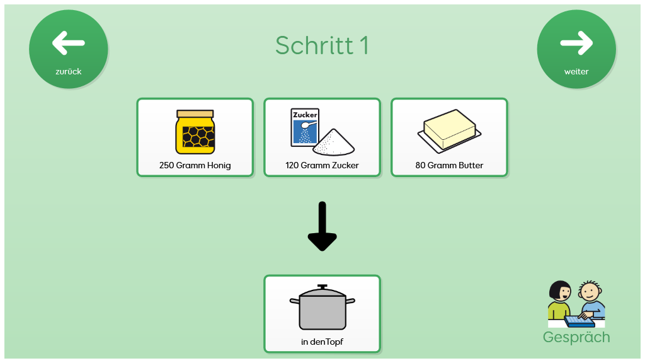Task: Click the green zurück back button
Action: (x=68, y=49)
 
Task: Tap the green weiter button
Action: (x=576, y=49)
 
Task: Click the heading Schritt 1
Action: (x=322, y=45)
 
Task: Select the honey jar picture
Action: (x=195, y=132)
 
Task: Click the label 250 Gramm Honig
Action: (x=195, y=166)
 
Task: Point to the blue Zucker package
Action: (x=305, y=127)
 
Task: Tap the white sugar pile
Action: (x=334, y=142)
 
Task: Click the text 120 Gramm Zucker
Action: (x=322, y=166)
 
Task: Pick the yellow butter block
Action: (x=450, y=129)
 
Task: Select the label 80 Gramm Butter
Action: (x=449, y=166)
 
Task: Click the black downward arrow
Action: (x=322, y=226)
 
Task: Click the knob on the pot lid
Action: (x=322, y=287)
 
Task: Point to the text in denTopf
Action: (x=322, y=342)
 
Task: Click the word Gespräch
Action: (x=576, y=337)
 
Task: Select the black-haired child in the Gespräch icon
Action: (x=559, y=299)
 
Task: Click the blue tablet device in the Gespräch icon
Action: (x=579, y=321)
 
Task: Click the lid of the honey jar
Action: (x=195, y=113)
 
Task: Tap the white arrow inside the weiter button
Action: (x=576, y=43)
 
